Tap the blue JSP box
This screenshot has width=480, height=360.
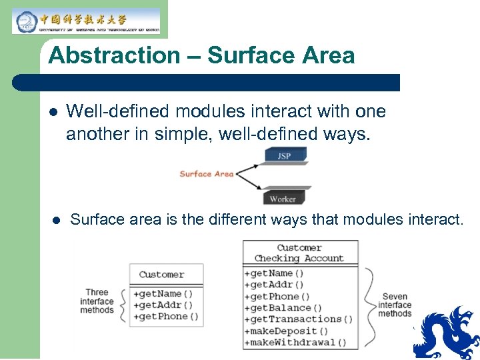(x=285, y=156)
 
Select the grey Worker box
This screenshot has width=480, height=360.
(x=283, y=198)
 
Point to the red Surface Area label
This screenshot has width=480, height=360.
(x=206, y=174)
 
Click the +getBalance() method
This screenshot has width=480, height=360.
(x=283, y=308)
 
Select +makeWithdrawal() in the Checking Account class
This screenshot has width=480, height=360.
(x=295, y=343)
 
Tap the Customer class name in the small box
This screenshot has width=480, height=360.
(x=161, y=275)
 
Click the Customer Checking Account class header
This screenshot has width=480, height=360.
(x=299, y=253)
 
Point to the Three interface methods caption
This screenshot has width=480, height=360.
(x=97, y=301)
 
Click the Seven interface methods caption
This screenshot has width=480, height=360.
(x=395, y=305)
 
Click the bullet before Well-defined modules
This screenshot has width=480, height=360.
(x=53, y=112)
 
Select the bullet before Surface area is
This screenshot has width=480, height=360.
(x=57, y=220)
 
